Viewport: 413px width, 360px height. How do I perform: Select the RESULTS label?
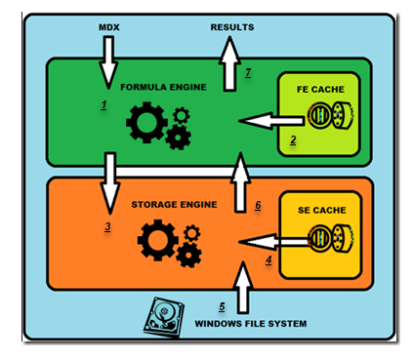(x=232, y=26)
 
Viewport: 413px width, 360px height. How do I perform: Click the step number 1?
(x=103, y=104)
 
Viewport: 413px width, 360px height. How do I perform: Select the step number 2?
(x=293, y=140)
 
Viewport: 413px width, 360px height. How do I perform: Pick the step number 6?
(x=257, y=205)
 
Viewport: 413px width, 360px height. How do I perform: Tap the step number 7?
(x=248, y=72)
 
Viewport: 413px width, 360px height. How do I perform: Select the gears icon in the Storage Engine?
(x=163, y=243)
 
